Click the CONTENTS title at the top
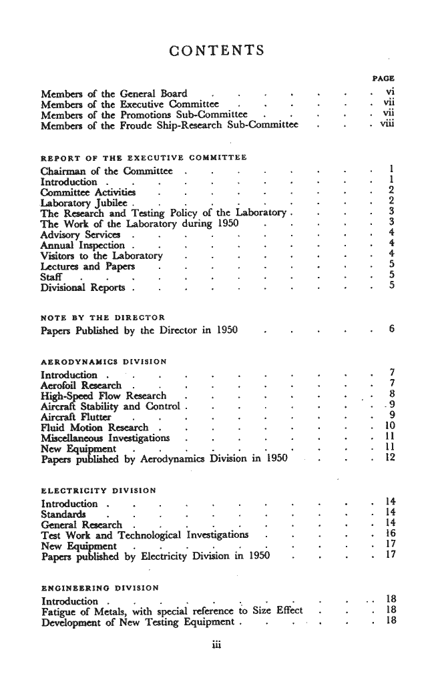[x=217, y=51]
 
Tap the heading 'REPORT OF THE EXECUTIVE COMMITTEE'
[x=143, y=157]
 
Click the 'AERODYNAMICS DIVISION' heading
[x=103, y=361]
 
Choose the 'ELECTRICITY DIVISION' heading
[x=99, y=491]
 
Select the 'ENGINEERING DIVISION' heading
[x=100, y=587]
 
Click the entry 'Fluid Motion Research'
[x=94, y=426]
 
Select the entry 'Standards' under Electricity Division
[x=63, y=513]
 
